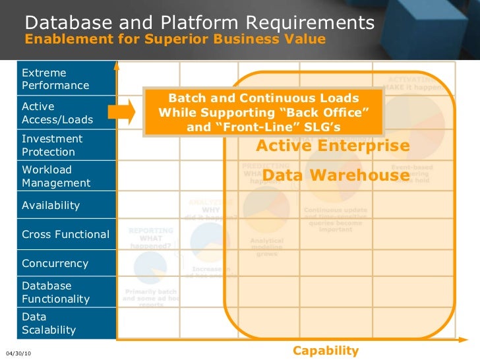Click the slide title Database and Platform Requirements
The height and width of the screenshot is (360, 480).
(200, 23)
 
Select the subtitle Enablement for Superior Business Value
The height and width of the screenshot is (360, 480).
(175, 39)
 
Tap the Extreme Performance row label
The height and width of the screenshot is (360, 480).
(56, 79)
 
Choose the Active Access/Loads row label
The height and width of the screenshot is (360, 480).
(57, 113)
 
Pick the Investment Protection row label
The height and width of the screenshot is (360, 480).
(53, 145)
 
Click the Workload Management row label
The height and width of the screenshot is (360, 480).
(56, 176)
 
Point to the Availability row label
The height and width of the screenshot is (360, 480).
(51, 205)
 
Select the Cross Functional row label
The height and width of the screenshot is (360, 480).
(66, 234)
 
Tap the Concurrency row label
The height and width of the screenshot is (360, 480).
(55, 263)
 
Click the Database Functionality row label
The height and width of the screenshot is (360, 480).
(56, 292)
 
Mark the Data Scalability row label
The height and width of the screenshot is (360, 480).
(49, 323)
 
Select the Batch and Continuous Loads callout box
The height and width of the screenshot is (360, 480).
(263, 112)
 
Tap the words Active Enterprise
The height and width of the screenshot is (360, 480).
(332, 146)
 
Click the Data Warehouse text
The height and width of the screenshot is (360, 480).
(336, 175)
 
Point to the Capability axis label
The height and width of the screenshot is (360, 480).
(326, 351)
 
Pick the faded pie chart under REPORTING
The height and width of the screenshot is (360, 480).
(150, 268)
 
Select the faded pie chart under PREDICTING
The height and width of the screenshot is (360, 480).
(266, 209)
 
